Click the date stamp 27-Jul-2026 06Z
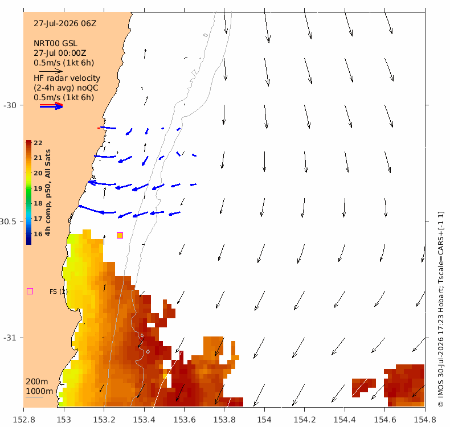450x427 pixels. tap(65, 23)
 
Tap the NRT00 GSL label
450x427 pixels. tap(55, 43)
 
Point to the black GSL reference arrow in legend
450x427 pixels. tap(51, 71)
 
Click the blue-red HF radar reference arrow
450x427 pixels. tap(51, 106)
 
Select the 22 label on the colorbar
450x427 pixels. tap(38, 143)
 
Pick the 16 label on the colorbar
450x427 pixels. tap(38, 234)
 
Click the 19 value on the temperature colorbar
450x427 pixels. tap(38, 188)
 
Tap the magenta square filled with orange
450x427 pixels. tap(120, 236)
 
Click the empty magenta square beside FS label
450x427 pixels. tap(30, 291)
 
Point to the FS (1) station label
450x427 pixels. tap(59, 291)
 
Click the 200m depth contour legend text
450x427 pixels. tap(37, 381)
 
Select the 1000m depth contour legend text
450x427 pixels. tap(40, 391)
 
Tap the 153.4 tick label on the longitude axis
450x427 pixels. tap(144, 420)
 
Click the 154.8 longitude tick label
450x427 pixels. tap(425, 420)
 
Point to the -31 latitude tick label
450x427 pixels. tap(10, 338)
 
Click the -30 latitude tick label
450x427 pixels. tap(10, 105)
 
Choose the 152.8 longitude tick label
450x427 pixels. tap(24, 420)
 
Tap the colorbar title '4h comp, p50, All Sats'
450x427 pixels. tap(48, 192)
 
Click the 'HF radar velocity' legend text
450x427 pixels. tap(67, 78)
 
